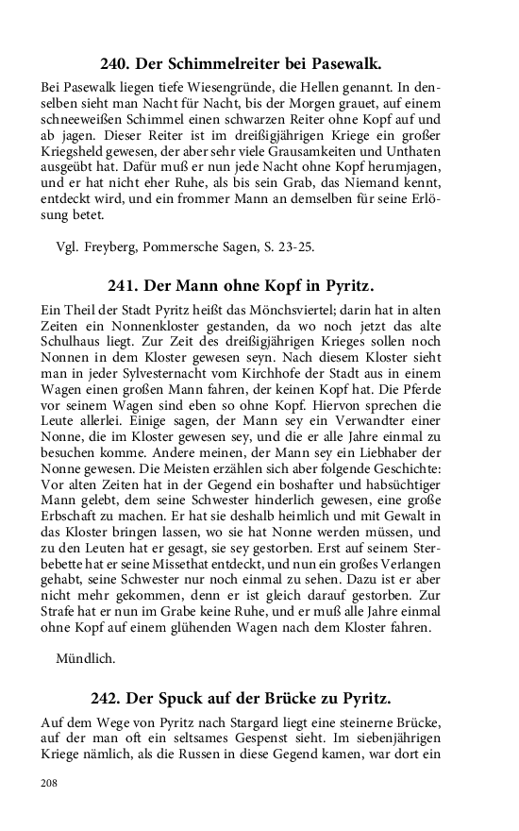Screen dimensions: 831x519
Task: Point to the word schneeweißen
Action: tap(85, 121)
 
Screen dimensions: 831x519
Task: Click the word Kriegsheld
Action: tap(78, 155)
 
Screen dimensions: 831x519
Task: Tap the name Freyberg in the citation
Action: tap(116, 247)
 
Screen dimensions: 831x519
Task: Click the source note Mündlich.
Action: tap(86, 659)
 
